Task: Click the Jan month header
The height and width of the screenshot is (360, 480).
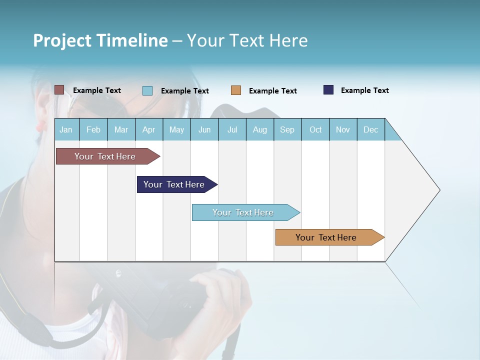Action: [66, 129]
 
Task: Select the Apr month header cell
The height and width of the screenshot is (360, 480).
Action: [149, 129]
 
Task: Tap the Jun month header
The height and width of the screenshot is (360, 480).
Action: [204, 129]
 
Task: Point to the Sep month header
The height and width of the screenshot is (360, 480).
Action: [287, 129]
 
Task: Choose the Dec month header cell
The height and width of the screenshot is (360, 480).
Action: [371, 129]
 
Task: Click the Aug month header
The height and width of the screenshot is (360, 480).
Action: [260, 129]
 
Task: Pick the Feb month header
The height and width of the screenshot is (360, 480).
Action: [93, 129]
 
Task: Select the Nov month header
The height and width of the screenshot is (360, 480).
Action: [343, 129]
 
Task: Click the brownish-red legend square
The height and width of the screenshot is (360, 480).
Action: [59, 90]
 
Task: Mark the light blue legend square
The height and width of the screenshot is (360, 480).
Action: [147, 90]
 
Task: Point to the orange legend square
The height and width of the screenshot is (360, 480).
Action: [236, 90]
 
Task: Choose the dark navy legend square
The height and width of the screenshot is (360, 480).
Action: [328, 90]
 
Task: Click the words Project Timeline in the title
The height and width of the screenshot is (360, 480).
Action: [100, 40]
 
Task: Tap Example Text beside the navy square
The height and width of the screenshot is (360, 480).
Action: [365, 90]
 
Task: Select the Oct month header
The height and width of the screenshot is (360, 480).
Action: [315, 129]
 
